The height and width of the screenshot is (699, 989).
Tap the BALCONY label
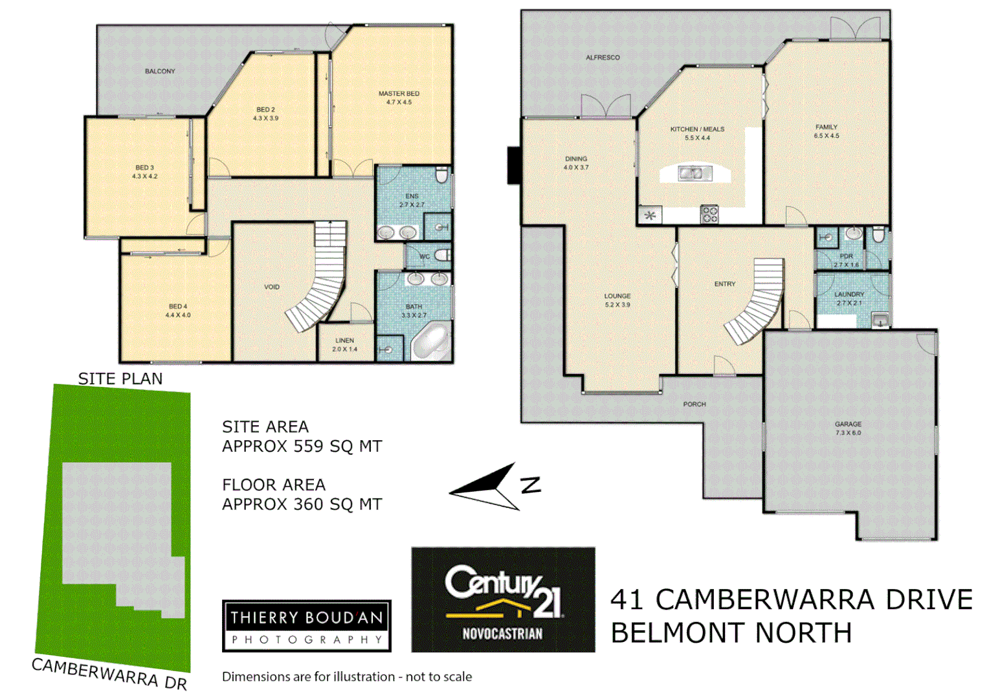(x=160, y=71)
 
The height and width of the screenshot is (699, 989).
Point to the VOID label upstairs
(x=272, y=287)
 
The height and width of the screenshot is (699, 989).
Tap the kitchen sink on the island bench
(x=695, y=173)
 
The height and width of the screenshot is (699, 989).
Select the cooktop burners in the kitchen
(x=709, y=214)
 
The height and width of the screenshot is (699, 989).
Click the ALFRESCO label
(x=603, y=58)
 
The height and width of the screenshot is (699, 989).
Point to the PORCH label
(x=695, y=405)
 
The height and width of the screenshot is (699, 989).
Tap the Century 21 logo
(x=503, y=599)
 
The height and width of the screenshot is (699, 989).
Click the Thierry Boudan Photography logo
(x=307, y=626)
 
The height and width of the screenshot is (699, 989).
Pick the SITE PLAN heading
(x=120, y=379)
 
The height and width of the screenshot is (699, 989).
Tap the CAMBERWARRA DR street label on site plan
(x=109, y=673)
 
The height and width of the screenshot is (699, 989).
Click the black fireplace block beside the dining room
(x=514, y=166)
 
